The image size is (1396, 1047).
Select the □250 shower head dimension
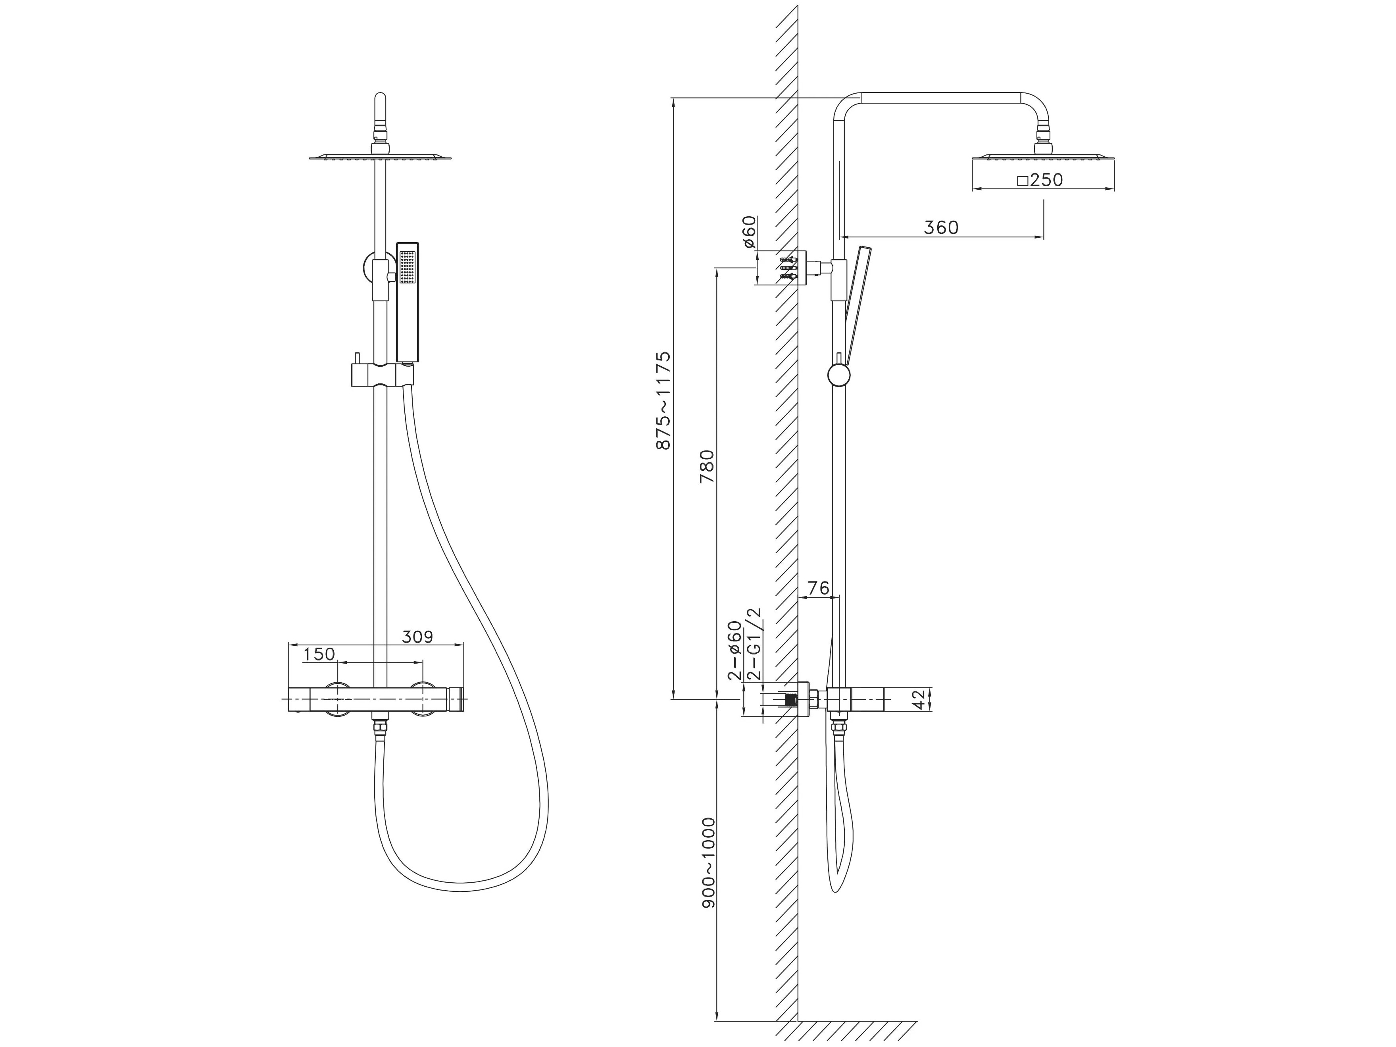point(1040,180)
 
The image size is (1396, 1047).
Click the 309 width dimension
point(418,637)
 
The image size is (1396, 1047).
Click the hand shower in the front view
point(408,303)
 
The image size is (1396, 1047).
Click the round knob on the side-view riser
point(839,375)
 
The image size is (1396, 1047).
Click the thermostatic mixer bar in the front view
point(376,699)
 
